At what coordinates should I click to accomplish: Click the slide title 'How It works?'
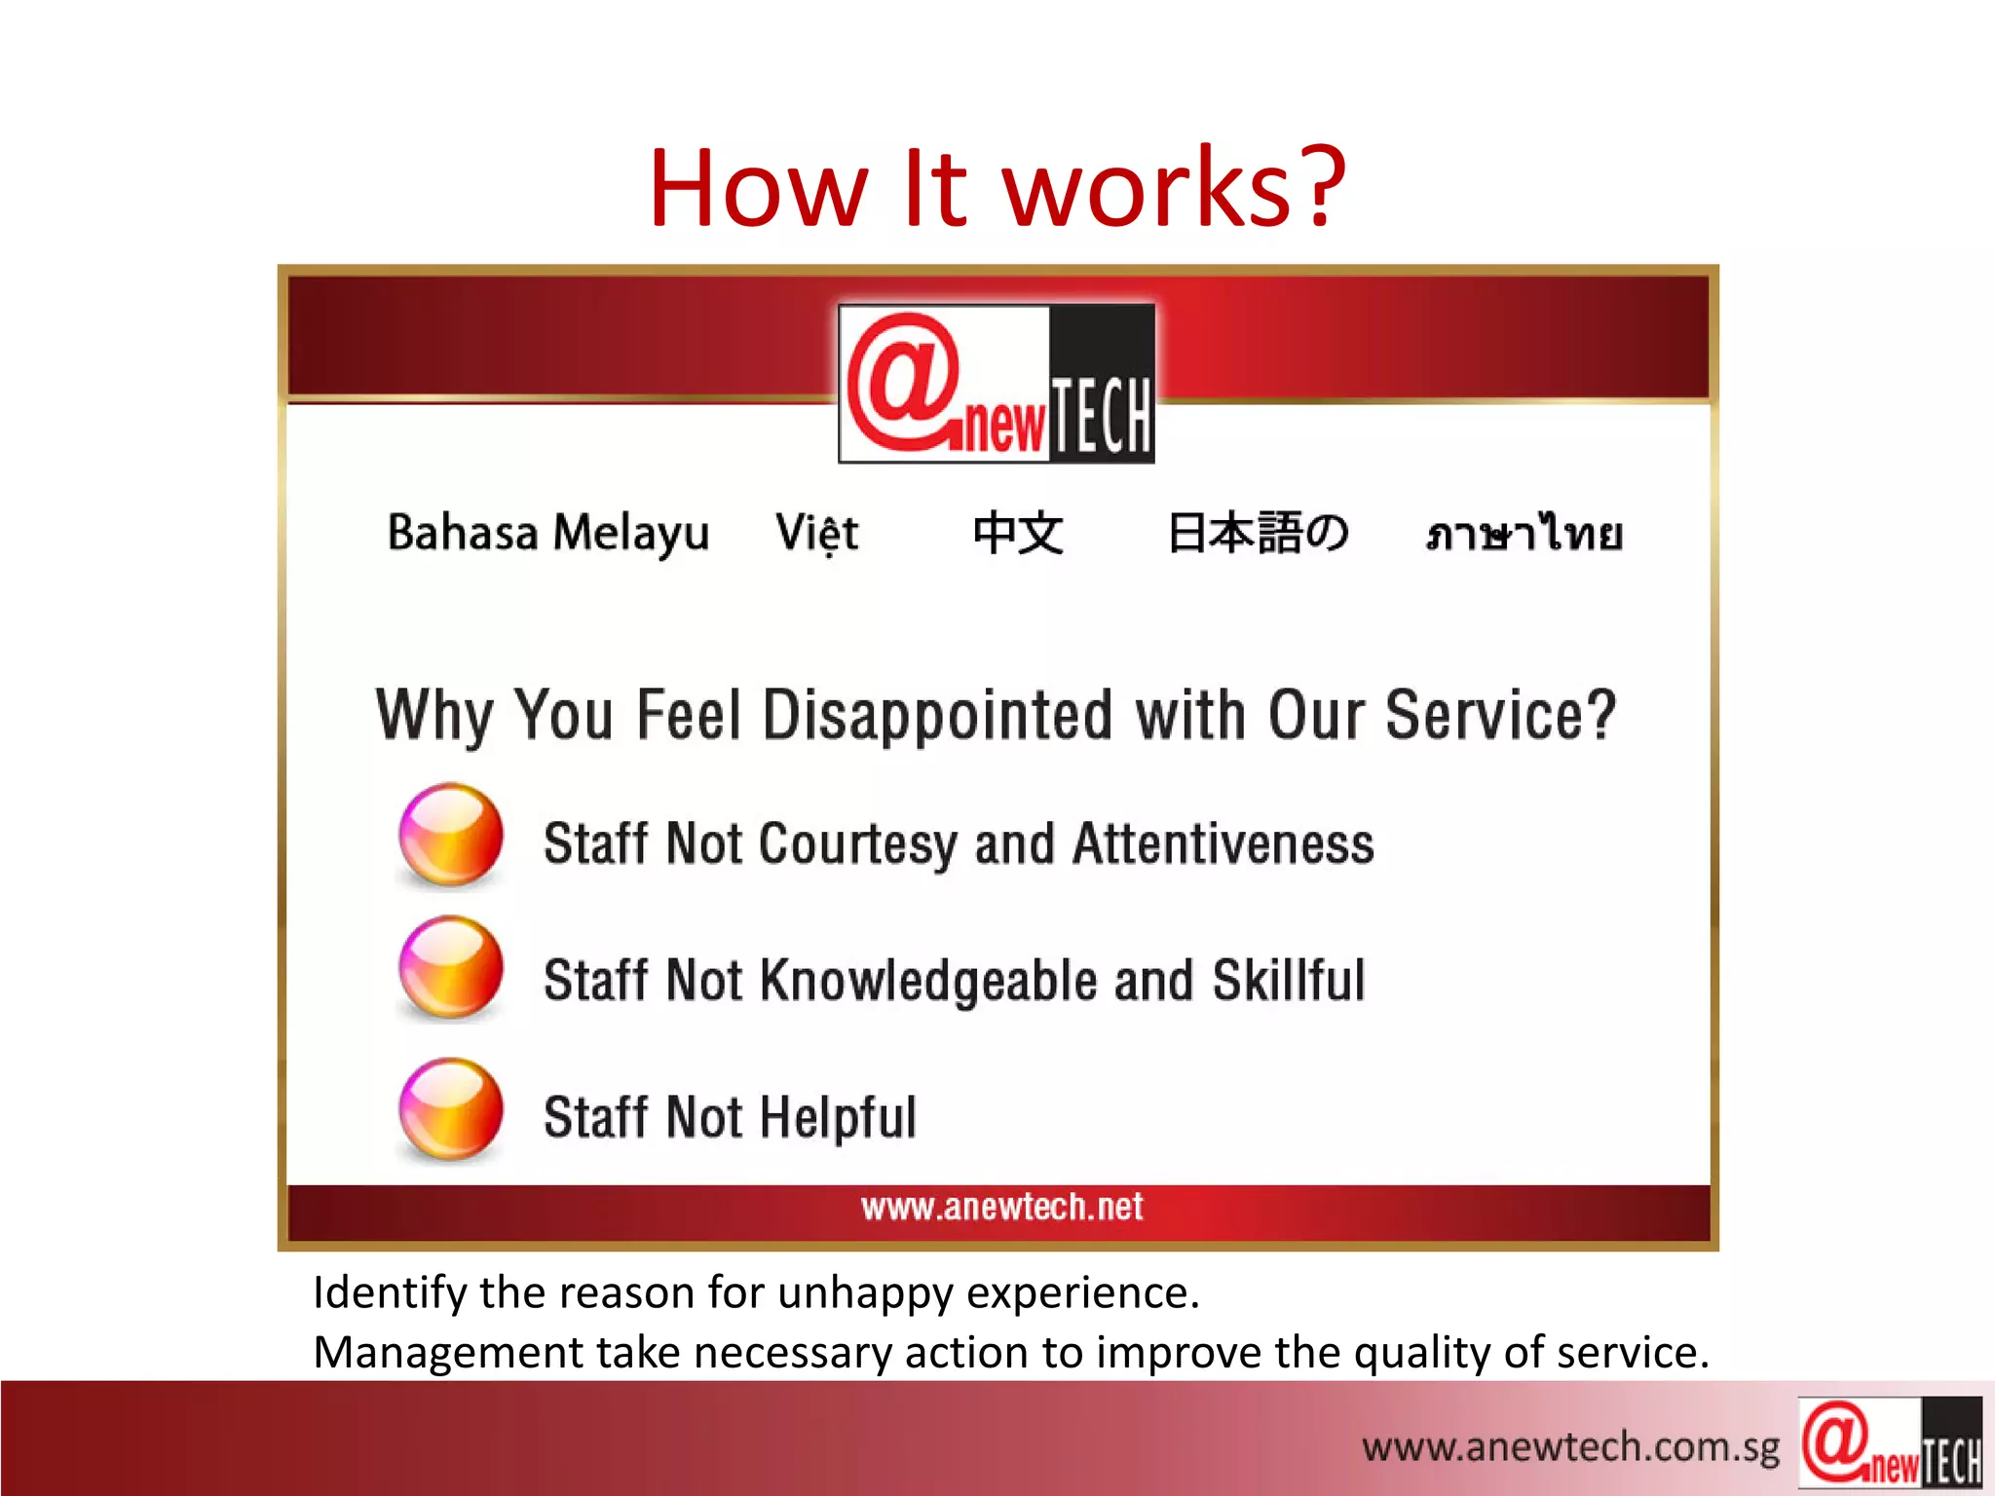tap(997, 187)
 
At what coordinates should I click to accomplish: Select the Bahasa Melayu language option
tap(548, 533)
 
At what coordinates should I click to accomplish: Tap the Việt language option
tap(816, 533)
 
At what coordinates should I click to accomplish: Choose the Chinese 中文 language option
tap(1018, 533)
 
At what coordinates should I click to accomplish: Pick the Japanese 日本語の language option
tap(1258, 533)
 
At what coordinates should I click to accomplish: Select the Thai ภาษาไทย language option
tap(1524, 534)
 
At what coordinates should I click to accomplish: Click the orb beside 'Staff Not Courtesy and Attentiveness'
tap(451, 835)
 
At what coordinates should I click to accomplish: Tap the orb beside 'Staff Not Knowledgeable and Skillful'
tap(451, 968)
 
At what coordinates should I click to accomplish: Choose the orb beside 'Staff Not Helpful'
tap(451, 1109)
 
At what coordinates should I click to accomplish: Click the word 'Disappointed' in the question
tap(937, 716)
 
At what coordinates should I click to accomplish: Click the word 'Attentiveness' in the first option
tap(1223, 843)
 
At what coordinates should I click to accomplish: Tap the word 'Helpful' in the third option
tap(838, 1117)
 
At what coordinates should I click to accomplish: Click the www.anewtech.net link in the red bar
tap(1001, 1208)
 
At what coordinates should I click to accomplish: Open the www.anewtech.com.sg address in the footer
tap(1570, 1447)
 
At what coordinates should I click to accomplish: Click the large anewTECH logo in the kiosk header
tap(997, 384)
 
